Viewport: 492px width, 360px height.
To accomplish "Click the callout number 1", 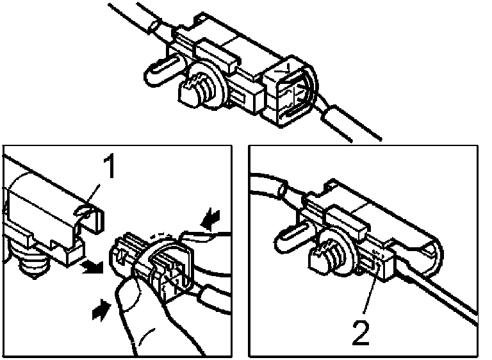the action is pos(108,167).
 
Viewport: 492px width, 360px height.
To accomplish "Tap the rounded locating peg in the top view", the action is pos(161,71).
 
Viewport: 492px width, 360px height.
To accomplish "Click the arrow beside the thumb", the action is pos(101,309).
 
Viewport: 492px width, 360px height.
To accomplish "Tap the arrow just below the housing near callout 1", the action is pos(92,267).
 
